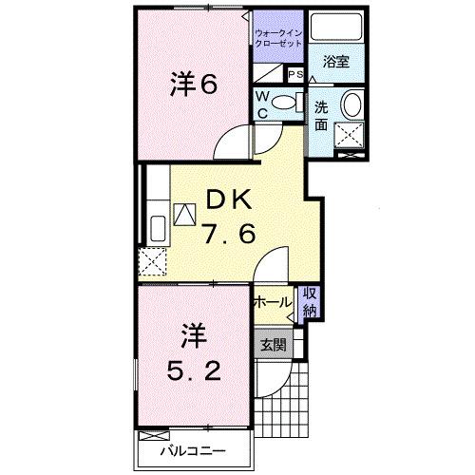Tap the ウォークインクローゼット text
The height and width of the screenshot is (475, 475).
point(276,40)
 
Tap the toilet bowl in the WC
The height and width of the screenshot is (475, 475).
point(285,102)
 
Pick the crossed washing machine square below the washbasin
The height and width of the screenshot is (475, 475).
point(351,140)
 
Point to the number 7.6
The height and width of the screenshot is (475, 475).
point(227,234)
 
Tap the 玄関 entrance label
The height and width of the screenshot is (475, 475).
point(274,345)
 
